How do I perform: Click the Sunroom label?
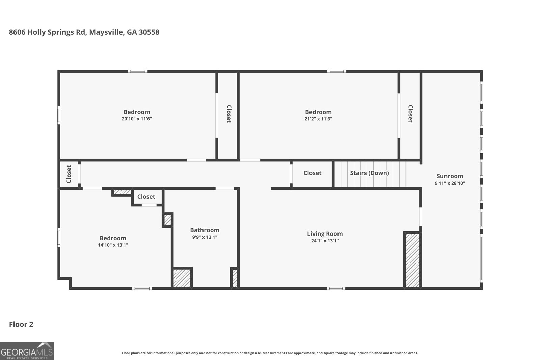[x=450, y=176]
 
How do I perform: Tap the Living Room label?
[x=325, y=234]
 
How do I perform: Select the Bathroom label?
[x=205, y=230]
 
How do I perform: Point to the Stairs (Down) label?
[x=369, y=173]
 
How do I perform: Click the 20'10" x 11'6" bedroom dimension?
[x=137, y=119]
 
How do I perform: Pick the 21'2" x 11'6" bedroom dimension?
[x=318, y=119]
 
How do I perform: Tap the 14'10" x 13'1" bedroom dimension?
[x=113, y=245]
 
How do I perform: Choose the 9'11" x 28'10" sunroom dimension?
[x=450, y=183]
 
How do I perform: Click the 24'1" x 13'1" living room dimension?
[x=325, y=241]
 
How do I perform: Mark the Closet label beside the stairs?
[x=312, y=173]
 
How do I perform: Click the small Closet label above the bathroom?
[x=146, y=197]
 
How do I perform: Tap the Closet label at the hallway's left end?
[x=69, y=174]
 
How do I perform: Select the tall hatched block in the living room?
[x=412, y=260]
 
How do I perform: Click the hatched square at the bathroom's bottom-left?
[x=182, y=278]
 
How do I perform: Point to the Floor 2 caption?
[x=21, y=324]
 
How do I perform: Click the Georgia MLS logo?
[x=27, y=351]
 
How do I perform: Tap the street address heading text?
[x=84, y=32]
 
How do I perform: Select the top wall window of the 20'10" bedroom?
[x=138, y=71]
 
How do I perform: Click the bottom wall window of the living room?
[x=336, y=288]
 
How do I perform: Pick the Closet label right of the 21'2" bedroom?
[x=410, y=114]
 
